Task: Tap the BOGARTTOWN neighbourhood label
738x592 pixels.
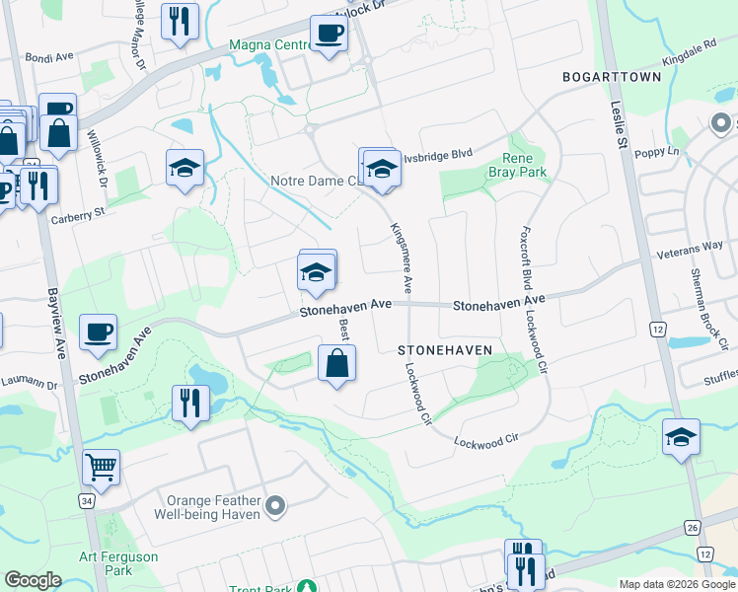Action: coord(610,76)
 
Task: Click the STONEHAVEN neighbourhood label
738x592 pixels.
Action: coord(444,350)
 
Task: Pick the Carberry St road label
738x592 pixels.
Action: coord(79,213)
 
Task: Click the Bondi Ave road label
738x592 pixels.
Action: coord(49,58)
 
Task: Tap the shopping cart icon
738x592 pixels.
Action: coord(101,467)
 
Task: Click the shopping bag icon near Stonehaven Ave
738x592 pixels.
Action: coord(336,362)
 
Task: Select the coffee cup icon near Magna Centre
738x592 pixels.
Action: coord(329,34)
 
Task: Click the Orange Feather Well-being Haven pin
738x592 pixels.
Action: coord(276,507)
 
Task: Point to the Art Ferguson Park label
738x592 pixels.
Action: coord(118,563)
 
